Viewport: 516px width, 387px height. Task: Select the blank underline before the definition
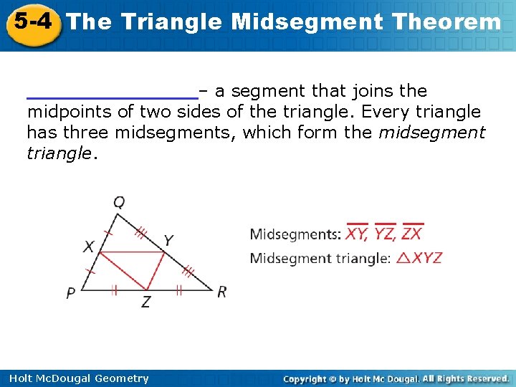[112, 94]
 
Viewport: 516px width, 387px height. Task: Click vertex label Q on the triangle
[119, 203]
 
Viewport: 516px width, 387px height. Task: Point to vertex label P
[71, 292]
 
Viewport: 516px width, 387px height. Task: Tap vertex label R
[221, 292]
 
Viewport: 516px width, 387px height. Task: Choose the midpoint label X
[88, 247]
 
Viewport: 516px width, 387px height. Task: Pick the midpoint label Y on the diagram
[168, 240]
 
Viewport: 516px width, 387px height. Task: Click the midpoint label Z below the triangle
[145, 302]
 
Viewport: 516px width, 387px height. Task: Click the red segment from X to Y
[132, 252]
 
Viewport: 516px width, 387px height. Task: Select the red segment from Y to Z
[156, 271]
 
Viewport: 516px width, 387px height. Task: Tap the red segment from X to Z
[122, 271]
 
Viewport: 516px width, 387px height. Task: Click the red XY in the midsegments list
[357, 234]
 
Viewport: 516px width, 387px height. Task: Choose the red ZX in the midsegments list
[412, 234]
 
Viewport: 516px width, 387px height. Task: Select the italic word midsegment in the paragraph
[431, 133]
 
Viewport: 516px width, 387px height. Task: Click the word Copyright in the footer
[308, 378]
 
